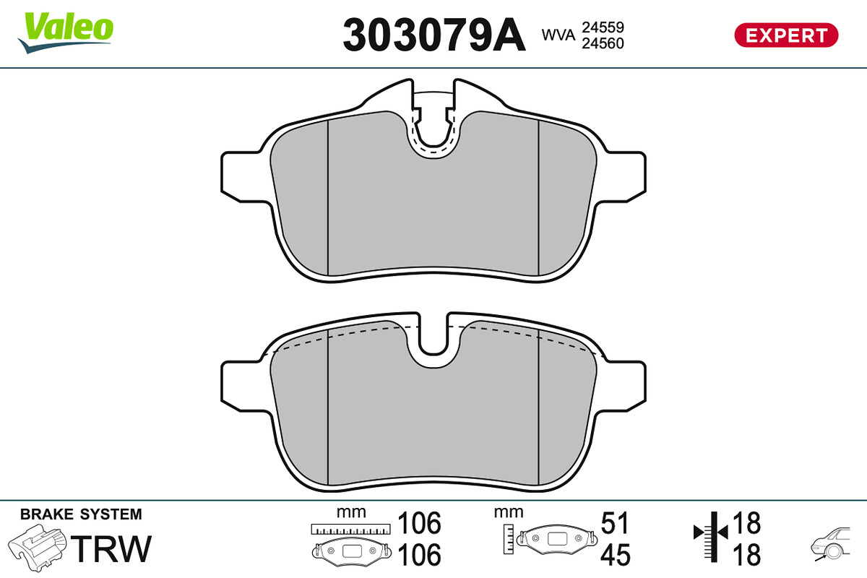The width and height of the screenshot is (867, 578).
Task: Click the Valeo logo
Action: click(66, 33)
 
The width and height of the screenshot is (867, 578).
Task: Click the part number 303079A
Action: click(434, 35)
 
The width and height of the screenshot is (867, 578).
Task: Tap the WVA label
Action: click(558, 35)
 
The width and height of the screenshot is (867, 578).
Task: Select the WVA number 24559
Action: click(603, 27)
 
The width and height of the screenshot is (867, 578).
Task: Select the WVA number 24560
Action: click(603, 43)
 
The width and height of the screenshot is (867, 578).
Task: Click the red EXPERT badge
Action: click(786, 35)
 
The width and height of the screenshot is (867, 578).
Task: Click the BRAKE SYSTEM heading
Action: click(81, 514)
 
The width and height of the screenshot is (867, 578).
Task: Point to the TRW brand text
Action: click(111, 548)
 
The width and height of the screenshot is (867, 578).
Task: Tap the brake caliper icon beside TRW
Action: click(37, 548)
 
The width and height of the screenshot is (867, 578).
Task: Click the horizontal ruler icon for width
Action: click(350, 529)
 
